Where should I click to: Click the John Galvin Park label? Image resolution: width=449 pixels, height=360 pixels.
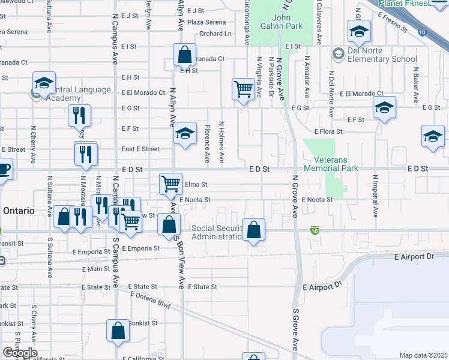click(281, 22)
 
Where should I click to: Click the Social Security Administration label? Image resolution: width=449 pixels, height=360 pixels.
click(216, 232)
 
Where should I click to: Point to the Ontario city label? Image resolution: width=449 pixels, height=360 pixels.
click(17, 211)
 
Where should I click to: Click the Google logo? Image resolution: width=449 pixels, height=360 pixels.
click(20, 352)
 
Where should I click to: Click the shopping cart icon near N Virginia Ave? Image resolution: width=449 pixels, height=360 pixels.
click(243, 89)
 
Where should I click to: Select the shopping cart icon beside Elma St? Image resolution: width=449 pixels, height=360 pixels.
click(170, 182)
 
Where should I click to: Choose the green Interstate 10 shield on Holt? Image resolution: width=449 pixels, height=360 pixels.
click(315, 230)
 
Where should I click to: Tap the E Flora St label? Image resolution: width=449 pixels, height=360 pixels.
click(328, 131)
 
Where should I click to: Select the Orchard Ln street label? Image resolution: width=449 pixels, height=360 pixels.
click(215, 34)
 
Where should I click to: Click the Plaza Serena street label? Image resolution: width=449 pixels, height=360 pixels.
click(206, 22)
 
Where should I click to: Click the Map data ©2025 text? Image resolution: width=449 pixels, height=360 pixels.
click(424, 355)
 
